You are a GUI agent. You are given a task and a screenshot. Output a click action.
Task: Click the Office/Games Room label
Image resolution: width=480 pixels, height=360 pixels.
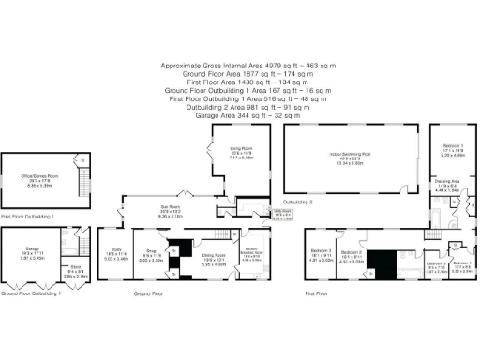(x=41, y=175)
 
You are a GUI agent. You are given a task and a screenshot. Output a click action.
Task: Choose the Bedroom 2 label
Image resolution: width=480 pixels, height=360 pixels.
(x=352, y=252)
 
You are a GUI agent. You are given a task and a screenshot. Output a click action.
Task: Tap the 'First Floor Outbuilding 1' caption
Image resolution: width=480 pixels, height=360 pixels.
(x=28, y=216)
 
